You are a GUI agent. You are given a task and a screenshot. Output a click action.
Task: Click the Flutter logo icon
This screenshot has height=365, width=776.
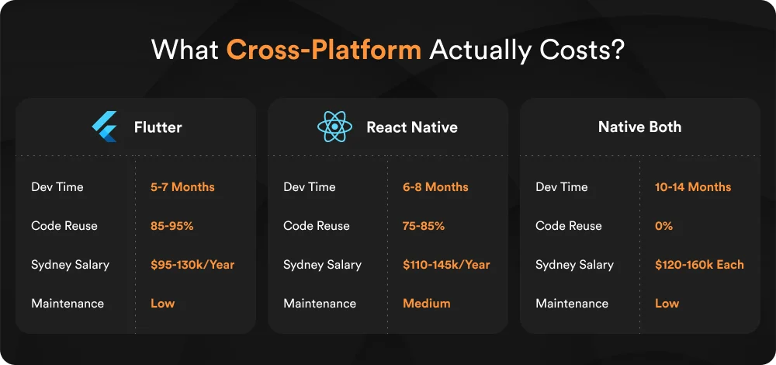click(x=104, y=127)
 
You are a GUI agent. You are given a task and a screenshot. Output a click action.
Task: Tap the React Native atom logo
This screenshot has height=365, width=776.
click(x=334, y=127)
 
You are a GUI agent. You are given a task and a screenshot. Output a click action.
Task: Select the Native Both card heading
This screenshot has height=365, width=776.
click(x=639, y=127)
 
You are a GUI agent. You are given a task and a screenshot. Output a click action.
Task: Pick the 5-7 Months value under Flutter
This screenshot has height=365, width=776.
click(x=182, y=187)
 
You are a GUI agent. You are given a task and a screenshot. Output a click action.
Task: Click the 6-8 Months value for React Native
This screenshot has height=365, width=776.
click(x=435, y=187)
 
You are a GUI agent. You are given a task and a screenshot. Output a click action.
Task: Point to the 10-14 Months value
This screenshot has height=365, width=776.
click(x=693, y=187)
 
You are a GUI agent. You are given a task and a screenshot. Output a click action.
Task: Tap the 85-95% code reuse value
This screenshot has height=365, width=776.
click(x=171, y=226)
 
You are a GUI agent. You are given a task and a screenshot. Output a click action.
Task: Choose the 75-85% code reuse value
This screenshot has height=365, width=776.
click(x=424, y=226)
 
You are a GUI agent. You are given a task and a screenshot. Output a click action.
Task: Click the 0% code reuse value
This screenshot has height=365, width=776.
click(x=663, y=226)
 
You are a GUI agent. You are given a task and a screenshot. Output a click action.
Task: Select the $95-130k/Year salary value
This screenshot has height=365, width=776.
click(x=192, y=265)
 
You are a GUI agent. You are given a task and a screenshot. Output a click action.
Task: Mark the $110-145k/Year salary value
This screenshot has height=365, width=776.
click(x=446, y=265)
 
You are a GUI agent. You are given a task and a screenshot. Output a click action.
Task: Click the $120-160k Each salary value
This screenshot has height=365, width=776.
click(x=699, y=265)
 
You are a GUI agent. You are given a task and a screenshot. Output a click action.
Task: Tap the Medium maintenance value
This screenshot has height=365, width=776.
click(x=426, y=304)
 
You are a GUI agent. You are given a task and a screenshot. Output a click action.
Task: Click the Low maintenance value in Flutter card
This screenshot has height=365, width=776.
click(x=162, y=304)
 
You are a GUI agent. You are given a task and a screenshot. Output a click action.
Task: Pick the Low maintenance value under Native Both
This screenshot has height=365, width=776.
click(x=667, y=304)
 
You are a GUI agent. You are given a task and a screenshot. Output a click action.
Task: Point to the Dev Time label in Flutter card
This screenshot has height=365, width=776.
click(x=57, y=187)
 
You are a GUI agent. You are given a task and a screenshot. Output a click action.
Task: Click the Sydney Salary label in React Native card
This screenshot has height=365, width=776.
click(x=322, y=265)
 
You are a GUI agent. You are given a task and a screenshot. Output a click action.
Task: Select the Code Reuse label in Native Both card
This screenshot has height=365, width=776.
click(x=568, y=226)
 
